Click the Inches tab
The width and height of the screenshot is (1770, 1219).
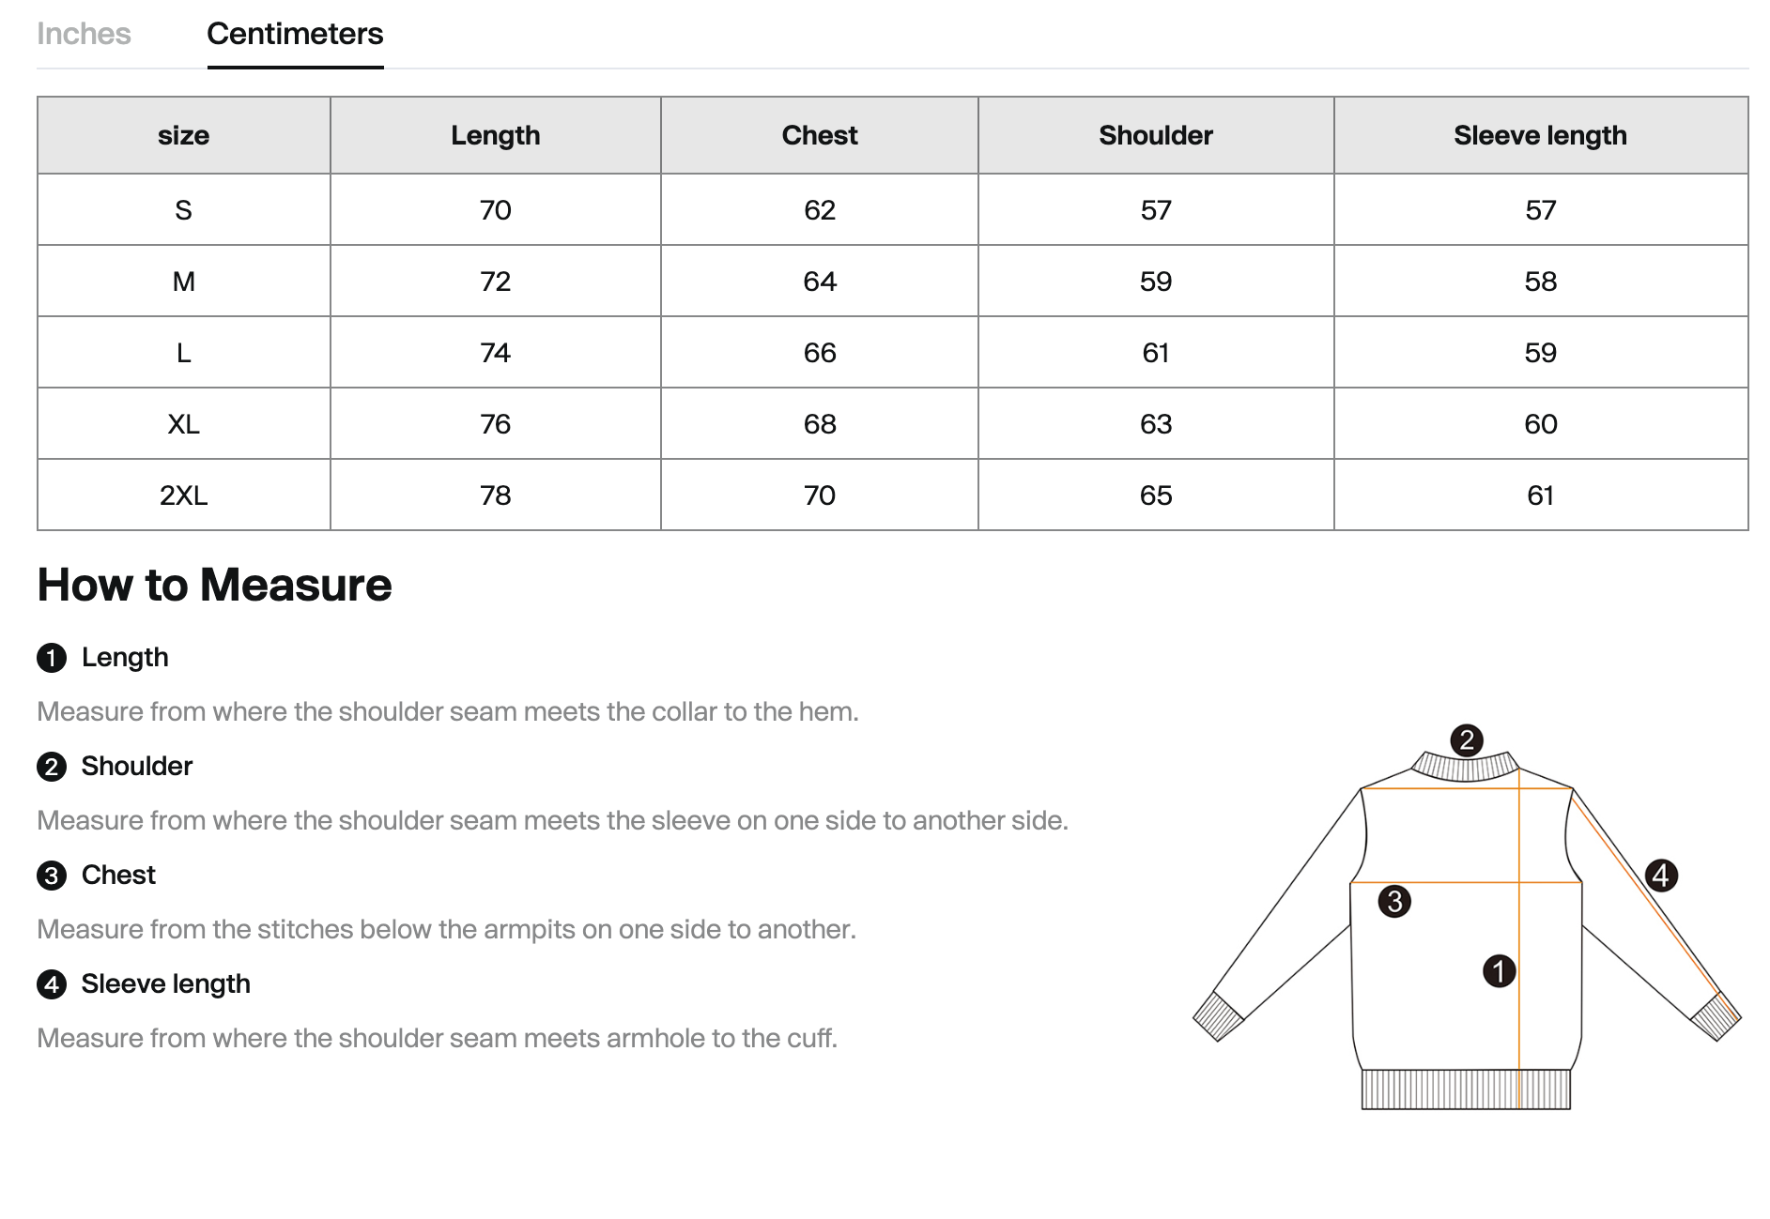(x=84, y=34)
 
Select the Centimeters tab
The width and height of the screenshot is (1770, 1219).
(x=295, y=34)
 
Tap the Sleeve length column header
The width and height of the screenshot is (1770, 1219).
(x=1540, y=135)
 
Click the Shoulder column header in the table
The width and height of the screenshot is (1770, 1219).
(x=1155, y=135)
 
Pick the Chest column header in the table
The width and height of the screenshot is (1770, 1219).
(x=819, y=135)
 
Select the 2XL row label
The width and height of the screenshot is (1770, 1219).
(x=183, y=495)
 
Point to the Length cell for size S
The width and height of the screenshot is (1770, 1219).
(x=495, y=210)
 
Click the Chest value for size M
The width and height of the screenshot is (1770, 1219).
(x=819, y=282)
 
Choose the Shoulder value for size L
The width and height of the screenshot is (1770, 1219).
(x=1155, y=353)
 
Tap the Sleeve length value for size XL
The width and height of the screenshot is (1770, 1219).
(x=1540, y=424)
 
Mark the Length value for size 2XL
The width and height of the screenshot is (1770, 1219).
(x=495, y=495)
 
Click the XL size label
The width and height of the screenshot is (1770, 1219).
(x=183, y=424)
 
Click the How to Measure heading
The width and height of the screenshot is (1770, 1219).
(x=214, y=585)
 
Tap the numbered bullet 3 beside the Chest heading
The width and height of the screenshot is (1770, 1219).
(x=52, y=876)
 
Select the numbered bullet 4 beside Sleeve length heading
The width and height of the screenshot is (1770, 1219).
(x=52, y=984)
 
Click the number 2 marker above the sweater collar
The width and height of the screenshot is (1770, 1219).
(x=1466, y=740)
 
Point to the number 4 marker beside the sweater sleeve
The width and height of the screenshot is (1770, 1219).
(x=1661, y=876)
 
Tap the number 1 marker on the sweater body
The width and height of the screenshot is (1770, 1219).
(x=1499, y=970)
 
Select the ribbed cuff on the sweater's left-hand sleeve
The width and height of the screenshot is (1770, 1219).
(x=1219, y=1016)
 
